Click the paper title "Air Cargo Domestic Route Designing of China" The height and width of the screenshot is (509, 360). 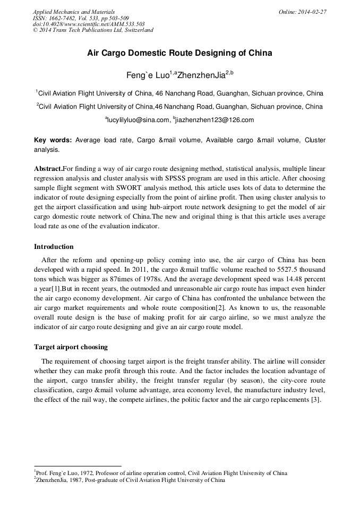click(x=179, y=53)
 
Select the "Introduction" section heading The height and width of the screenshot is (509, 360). click(x=54, y=246)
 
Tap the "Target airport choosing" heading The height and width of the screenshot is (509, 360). click(x=71, y=347)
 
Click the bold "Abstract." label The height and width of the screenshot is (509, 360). click(x=48, y=168)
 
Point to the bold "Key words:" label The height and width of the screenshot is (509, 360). click(x=53, y=140)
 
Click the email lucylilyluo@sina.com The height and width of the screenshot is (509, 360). click(x=137, y=120)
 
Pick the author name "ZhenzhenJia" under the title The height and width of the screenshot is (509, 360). click(x=201, y=75)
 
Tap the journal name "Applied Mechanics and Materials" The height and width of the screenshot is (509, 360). click(x=73, y=11)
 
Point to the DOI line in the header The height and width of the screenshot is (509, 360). click(x=89, y=24)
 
